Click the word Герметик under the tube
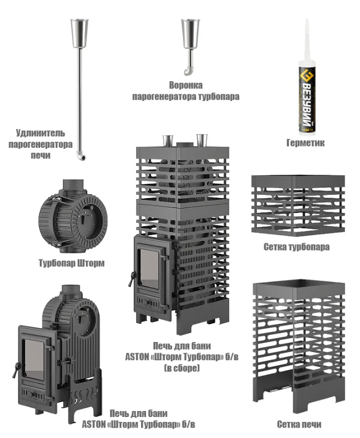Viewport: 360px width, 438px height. (x=305, y=143)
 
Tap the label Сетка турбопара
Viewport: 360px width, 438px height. (x=297, y=247)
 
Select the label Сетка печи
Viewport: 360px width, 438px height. (x=299, y=424)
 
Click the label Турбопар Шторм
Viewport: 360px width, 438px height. (x=72, y=263)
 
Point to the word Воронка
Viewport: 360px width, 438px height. (x=186, y=85)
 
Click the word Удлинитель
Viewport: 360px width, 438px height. (x=40, y=133)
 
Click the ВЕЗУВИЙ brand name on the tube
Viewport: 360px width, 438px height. (x=307, y=103)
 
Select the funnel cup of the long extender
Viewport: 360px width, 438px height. (x=79, y=33)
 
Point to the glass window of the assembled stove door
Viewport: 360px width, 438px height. (x=149, y=269)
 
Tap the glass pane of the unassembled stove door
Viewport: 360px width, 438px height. (x=34, y=360)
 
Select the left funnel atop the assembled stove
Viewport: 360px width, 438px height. (x=168, y=141)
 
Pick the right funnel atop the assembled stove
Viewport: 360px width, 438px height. (x=202, y=140)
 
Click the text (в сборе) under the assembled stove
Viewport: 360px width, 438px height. (x=182, y=368)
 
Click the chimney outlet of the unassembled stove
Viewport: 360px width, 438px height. (x=71, y=291)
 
